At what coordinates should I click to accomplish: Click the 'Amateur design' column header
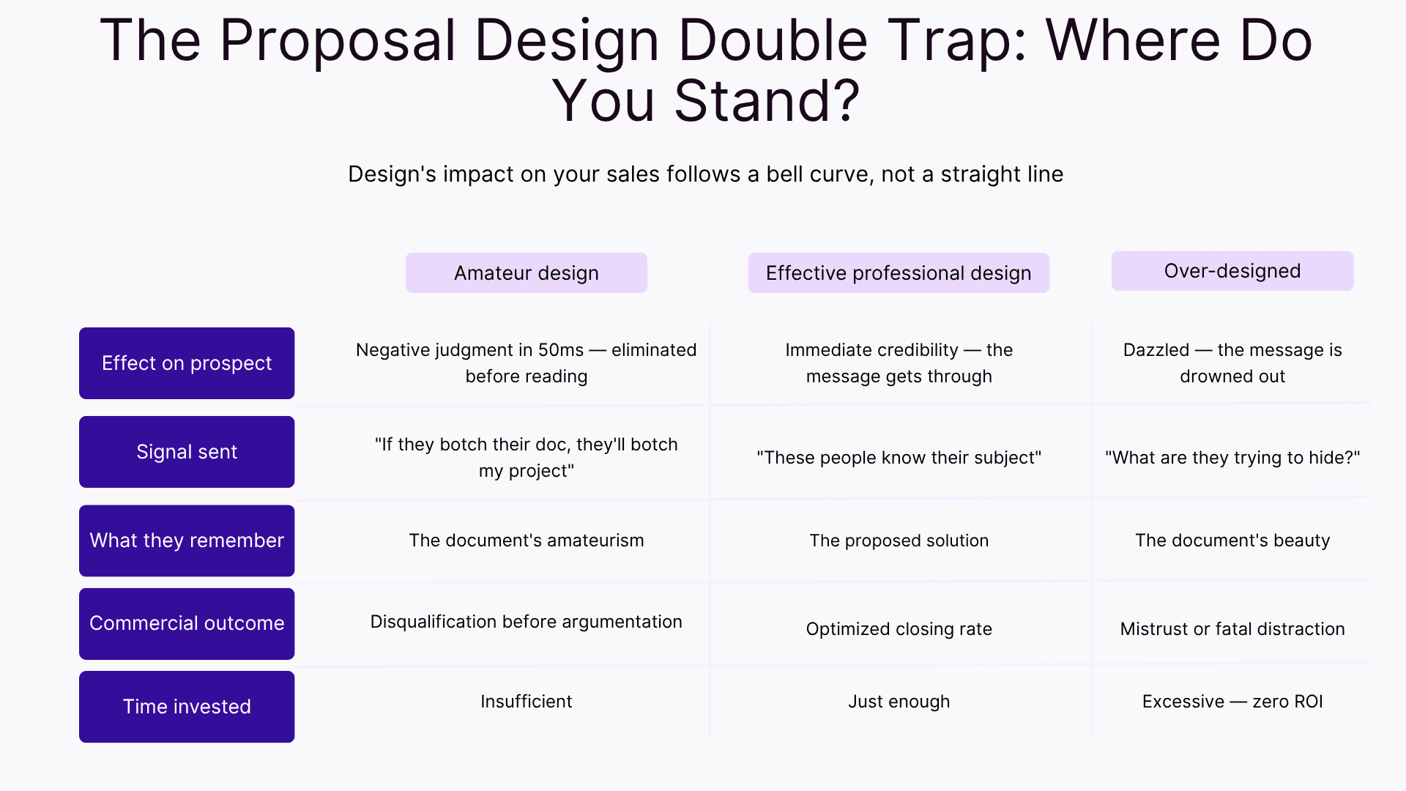(x=526, y=273)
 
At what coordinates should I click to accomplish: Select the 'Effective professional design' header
(x=899, y=273)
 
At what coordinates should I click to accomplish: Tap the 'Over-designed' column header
(x=1232, y=271)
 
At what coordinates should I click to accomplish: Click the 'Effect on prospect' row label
(x=187, y=363)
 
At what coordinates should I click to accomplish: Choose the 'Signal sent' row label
(x=187, y=452)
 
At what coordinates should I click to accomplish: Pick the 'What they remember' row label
(x=187, y=541)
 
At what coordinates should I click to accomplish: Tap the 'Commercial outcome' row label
(x=187, y=623)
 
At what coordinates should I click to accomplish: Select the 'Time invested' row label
(x=187, y=707)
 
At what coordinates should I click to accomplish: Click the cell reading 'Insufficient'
(x=526, y=702)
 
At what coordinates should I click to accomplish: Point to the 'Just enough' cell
(x=899, y=702)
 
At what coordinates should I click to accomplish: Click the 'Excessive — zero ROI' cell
(x=1232, y=702)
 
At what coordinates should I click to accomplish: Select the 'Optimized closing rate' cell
(x=899, y=629)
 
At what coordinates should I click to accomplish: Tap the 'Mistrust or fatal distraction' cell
(x=1232, y=629)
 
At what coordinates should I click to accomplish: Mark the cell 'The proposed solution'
(x=899, y=541)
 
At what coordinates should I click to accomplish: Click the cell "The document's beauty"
(x=1232, y=541)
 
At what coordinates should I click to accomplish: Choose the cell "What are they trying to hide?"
(x=1232, y=458)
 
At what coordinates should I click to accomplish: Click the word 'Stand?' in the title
(x=767, y=101)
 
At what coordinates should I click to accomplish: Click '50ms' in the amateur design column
(x=561, y=350)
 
